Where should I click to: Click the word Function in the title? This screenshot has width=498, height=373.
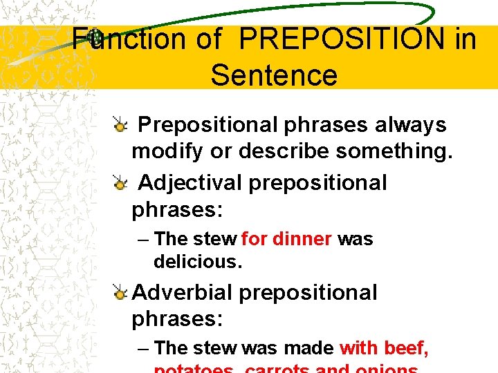tap(131, 39)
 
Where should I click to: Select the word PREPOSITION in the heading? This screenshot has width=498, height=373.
tap(342, 39)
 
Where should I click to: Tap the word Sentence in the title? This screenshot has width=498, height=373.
tap(274, 75)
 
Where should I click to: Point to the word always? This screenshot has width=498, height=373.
tap(410, 125)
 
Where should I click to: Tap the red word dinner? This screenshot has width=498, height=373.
tap(303, 239)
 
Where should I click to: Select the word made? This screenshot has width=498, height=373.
tap(309, 348)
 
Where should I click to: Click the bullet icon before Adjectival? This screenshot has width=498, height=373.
tap(120, 184)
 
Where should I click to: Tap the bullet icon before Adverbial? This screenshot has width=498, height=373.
tap(120, 294)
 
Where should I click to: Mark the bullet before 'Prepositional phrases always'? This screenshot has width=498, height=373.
tap(120, 126)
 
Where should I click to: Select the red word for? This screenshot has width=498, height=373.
tap(255, 239)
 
